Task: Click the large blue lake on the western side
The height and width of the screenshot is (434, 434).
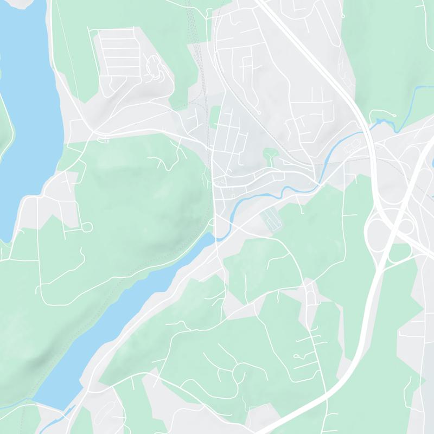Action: [27, 108]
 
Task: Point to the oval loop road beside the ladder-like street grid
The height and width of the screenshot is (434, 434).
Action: [155, 68]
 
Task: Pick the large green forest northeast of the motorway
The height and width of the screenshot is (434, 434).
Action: [391, 43]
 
